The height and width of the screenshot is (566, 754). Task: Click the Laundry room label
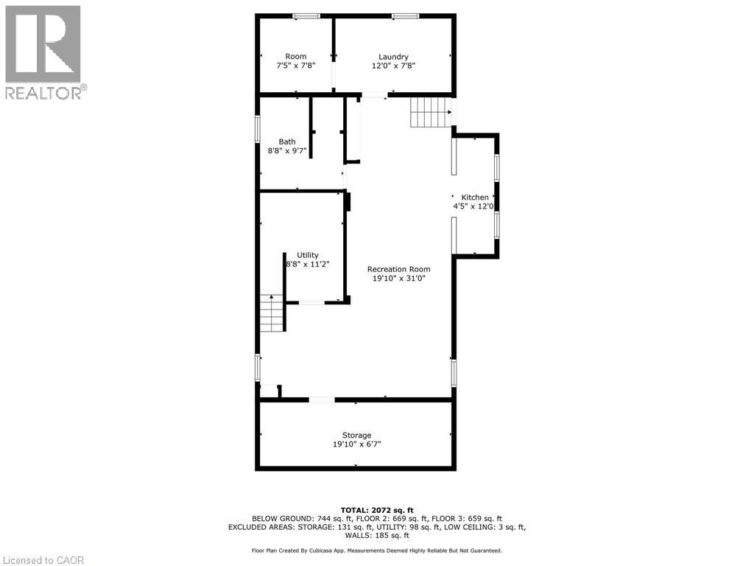tap(393, 57)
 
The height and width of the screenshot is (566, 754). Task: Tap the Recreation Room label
tap(398, 270)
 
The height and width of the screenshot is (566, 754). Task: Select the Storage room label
tap(356, 436)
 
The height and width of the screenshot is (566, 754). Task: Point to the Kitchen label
tap(475, 198)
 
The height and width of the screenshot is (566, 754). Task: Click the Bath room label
tap(287, 142)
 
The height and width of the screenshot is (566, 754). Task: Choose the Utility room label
tap(307, 255)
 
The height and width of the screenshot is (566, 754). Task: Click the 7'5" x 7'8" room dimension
tap(296, 66)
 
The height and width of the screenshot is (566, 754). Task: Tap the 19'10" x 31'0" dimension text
tap(399, 279)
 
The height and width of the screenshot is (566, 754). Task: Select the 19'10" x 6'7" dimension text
tap(357, 444)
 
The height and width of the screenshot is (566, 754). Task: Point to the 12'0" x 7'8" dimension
tap(393, 66)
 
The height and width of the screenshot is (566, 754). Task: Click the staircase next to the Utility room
tap(272, 312)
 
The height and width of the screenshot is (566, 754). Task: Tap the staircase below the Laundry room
tap(431, 113)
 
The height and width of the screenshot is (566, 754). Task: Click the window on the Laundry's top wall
tap(406, 16)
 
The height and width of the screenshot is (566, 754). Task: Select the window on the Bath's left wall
tap(258, 129)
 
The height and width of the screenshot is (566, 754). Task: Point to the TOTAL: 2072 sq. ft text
tap(377, 510)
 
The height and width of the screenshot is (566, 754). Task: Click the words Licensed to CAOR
tap(43, 560)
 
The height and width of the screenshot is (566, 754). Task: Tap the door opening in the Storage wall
tap(322, 400)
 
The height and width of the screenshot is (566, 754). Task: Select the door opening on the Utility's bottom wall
tap(311, 303)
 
